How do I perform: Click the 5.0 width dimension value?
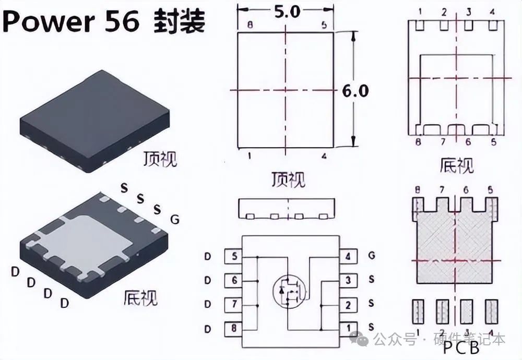[286, 10]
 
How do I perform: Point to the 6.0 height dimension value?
[355, 91]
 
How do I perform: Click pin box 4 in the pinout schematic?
[347, 257]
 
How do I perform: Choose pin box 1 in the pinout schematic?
[347, 328]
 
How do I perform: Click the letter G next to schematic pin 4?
[371, 256]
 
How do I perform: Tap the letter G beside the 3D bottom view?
[175, 220]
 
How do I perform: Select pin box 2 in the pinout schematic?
[347, 305]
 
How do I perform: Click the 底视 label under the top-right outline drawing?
[457, 166]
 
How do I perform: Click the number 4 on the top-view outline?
[324, 156]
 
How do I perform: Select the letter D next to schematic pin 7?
[208, 305]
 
